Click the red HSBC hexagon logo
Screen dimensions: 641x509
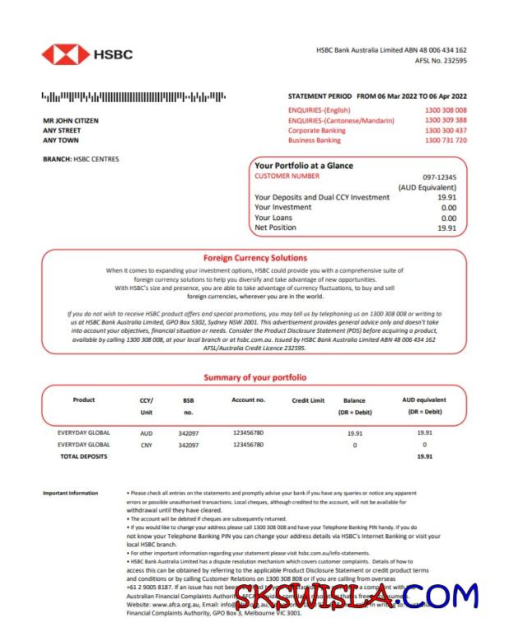click(x=66, y=54)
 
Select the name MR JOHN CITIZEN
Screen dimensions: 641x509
click(x=71, y=120)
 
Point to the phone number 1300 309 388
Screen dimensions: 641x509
click(x=446, y=120)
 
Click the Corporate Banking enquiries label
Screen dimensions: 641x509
click(x=317, y=131)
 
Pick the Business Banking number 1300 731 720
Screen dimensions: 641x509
click(x=446, y=141)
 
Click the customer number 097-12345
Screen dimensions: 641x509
click(x=439, y=177)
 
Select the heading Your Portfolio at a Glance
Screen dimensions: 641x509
click(x=304, y=165)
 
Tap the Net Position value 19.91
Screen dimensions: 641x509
click(x=447, y=228)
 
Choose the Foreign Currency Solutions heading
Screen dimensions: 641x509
click(x=255, y=257)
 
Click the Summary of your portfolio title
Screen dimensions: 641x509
click(x=255, y=377)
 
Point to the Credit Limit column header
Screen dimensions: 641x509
click(x=308, y=400)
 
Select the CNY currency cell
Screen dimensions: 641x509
click(x=146, y=445)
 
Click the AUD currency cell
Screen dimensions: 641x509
click(x=146, y=432)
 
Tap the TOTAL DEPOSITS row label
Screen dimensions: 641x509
click(x=83, y=456)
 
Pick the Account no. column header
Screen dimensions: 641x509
click(x=249, y=400)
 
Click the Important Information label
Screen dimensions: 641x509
click(x=71, y=493)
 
